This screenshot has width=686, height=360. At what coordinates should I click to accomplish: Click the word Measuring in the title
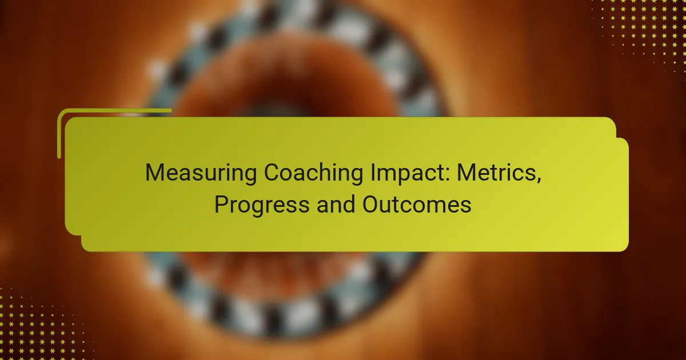pyautogui.click(x=201, y=174)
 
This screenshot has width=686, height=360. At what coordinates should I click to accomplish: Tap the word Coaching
pyautogui.click(x=313, y=174)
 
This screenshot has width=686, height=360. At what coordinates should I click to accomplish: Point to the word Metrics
pyautogui.click(x=496, y=173)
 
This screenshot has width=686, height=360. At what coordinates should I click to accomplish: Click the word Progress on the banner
pyautogui.click(x=262, y=205)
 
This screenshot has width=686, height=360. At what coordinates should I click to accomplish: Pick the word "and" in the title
pyautogui.click(x=336, y=205)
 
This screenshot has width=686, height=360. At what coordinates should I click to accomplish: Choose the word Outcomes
pyautogui.click(x=417, y=205)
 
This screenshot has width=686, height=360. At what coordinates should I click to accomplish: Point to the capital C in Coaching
pyautogui.click(x=272, y=173)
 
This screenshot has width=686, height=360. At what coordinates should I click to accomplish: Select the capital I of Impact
pyautogui.click(x=372, y=173)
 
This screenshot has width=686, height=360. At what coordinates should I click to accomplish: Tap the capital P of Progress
pyautogui.click(x=222, y=204)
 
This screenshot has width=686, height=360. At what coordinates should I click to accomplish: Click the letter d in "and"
pyautogui.click(x=349, y=204)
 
